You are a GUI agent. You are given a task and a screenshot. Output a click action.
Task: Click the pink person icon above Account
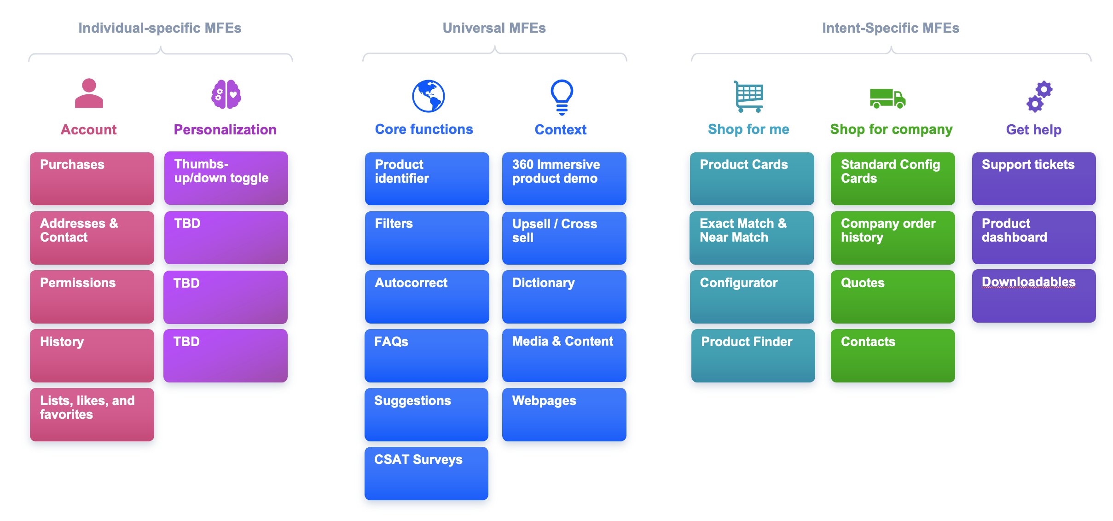(89, 93)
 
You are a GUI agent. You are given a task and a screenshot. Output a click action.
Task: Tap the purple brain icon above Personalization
(226, 94)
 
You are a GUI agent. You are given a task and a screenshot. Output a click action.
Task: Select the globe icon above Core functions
(428, 96)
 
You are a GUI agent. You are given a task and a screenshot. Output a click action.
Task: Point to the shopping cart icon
(748, 96)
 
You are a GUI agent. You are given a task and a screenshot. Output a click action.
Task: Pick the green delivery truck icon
(887, 98)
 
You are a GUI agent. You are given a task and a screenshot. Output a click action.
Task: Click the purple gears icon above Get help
(1039, 97)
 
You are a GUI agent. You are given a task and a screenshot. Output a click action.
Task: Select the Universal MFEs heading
(494, 28)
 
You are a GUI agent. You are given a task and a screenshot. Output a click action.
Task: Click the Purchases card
(92, 179)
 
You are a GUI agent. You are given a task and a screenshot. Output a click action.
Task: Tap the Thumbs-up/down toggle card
(226, 178)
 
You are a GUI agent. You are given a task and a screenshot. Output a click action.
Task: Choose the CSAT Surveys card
(426, 473)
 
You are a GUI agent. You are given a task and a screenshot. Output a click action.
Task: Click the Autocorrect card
(427, 296)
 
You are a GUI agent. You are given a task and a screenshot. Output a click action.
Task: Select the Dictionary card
(564, 296)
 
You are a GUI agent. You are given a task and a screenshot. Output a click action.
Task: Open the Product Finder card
(753, 355)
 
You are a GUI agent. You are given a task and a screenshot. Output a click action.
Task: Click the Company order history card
(893, 237)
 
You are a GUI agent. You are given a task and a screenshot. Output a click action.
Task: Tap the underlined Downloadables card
(1033, 296)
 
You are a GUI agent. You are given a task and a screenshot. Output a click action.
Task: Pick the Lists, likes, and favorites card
(92, 414)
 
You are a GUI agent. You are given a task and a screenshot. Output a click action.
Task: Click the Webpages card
(564, 414)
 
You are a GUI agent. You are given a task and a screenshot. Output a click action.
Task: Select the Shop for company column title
(891, 129)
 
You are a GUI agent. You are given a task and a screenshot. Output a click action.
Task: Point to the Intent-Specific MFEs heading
(891, 28)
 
